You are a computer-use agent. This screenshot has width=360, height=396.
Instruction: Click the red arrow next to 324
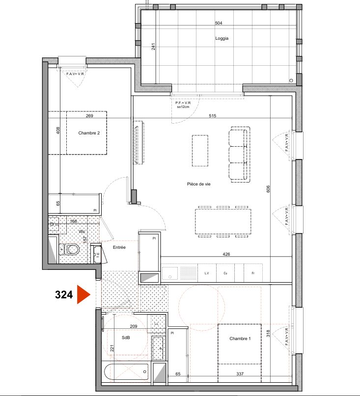click(x=83, y=295)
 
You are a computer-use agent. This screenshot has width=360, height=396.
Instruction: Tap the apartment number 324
click(x=64, y=295)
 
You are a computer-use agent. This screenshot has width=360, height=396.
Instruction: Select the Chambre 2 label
click(x=92, y=132)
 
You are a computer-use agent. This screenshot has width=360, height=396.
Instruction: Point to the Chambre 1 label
click(x=240, y=339)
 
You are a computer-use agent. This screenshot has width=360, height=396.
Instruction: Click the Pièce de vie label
click(x=198, y=184)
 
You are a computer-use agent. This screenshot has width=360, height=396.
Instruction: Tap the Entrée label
click(x=119, y=247)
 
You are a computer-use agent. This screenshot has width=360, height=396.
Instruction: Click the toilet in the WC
click(x=72, y=250)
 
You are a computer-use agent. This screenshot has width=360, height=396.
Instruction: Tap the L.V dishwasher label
click(x=207, y=273)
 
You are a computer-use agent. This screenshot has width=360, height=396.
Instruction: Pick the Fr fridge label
click(x=252, y=273)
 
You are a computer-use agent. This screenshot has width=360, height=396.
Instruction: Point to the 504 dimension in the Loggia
click(x=219, y=24)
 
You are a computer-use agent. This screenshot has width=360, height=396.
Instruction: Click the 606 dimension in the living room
click(x=268, y=189)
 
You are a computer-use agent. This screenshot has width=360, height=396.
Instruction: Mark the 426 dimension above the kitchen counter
click(x=226, y=254)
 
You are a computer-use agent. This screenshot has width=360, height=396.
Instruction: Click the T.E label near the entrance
click(x=98, y=254)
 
